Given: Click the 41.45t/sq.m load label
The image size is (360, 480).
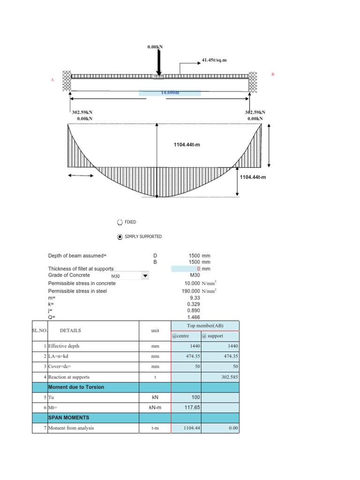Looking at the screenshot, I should click(214, 60).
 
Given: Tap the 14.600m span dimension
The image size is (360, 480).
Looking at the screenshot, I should click(170, 93).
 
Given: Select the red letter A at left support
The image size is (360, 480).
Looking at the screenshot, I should click(52, 80).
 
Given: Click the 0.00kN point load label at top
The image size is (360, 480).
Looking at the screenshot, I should click(155, 47).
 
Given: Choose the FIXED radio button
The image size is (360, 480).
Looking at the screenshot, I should click(120, 222).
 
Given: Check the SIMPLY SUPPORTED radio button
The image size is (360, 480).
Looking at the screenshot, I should click(120, 237).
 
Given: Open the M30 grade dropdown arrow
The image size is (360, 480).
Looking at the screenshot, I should click(145, 276).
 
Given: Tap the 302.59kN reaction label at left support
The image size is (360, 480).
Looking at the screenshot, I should click(82, 112).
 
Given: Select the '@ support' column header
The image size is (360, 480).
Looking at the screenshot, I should click(213, 336).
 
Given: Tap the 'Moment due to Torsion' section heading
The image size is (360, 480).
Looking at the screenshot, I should click(76, 387).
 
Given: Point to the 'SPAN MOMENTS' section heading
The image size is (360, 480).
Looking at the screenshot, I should click(68, 417).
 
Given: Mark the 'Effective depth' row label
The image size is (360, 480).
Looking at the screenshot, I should click(64, 346).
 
